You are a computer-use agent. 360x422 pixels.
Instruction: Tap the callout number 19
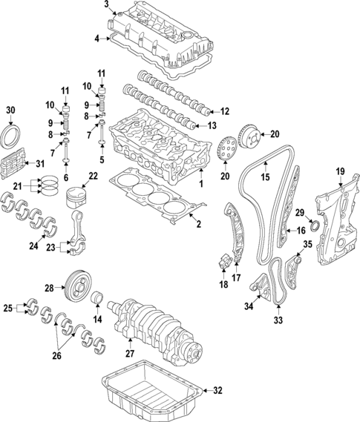click(x=340, y=172)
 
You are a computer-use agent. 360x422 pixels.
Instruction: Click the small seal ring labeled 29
click(x=314, y=225)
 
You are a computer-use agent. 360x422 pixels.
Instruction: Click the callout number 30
click(x=10, y=111)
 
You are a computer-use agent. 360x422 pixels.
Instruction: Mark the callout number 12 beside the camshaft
click(x=225, y=111)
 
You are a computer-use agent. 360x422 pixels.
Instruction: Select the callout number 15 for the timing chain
click(x=263, y=177)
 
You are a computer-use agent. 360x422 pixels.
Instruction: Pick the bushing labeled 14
click(x=96, y=299)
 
